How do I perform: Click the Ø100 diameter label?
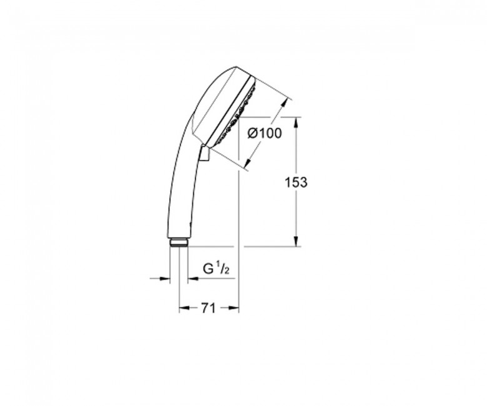[x=265, y=134]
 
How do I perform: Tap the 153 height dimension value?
[x=296, y=182]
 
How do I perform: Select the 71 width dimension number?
[x=209, y=308]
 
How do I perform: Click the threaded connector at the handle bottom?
[x=179, y=242]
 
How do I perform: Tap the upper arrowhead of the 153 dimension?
[x=297, y=122]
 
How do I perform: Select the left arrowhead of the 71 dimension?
[x=184, y=308]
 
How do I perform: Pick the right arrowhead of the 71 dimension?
[x=234, y=308]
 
